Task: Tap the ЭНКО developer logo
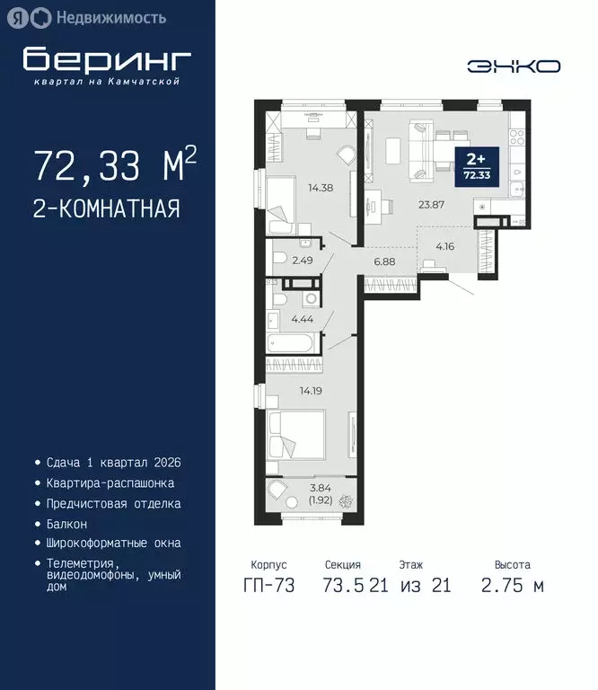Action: (x=514, y=66)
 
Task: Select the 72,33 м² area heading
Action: (x=115, y=166)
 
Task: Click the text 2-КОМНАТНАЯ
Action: (x=106, y=209)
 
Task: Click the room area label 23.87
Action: (x=433, y=203)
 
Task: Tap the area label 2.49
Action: (x=301, y=261)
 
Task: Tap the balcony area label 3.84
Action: (x=322, y=487)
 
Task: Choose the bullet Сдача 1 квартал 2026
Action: (x=114, y=463)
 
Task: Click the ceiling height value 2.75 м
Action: (x=512, y=586)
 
